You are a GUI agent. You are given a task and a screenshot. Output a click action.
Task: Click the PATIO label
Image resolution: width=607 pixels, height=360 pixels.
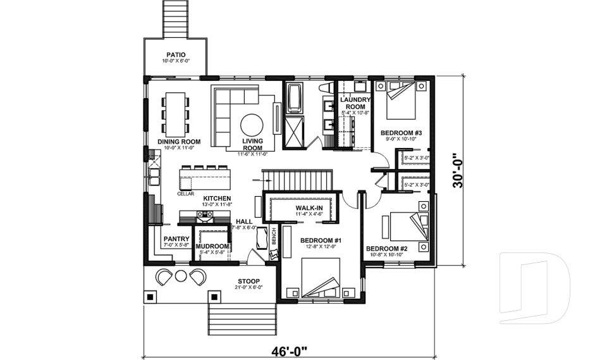[x=176, y=54]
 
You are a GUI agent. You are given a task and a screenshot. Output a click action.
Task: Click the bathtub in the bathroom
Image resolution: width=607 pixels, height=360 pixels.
[x=294, y=99]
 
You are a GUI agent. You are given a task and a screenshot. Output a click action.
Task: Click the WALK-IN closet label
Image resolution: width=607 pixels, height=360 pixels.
[x=309, y=208]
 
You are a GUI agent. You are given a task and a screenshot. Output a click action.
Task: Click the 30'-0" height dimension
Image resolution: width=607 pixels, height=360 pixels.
[x=463, y=171]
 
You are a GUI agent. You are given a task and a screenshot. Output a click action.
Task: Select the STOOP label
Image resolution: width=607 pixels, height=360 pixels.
[x=248, y=281]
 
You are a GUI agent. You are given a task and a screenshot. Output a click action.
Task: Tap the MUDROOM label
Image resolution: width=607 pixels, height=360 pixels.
[x=211, y=246]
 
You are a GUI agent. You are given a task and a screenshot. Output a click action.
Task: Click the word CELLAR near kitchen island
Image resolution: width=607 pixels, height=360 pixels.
[x=185, y=194]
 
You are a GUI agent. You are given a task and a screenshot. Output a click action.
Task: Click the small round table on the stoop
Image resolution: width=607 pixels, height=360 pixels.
[x=181, y=276]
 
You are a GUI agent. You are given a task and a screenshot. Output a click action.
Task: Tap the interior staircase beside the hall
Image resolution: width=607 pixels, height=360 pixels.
[x=297, y=179]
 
